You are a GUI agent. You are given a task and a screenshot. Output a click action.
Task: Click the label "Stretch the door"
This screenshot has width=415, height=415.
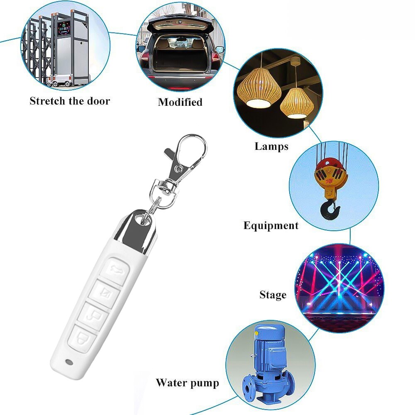click(x=70, y=101)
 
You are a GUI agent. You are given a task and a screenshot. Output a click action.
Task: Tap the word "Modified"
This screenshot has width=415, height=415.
click(x=180, y=102)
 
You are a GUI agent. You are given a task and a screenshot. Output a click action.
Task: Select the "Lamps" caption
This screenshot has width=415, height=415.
click(x=271, y=146)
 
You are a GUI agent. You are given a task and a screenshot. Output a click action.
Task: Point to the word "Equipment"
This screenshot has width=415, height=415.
click(x=271, y=225)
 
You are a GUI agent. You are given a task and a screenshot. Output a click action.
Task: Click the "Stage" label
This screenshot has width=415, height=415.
click(x=273, y=295)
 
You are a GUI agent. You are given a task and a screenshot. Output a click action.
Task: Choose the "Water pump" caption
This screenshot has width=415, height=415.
click(x=188, y=383)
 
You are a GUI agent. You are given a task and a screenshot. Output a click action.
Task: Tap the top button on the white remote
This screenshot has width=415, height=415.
click(x=117, y=271)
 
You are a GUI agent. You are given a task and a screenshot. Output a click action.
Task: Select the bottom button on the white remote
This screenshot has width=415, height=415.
click(x=82, y=338)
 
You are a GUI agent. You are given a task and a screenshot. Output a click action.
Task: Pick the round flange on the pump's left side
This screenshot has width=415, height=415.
click(x=249, y=388)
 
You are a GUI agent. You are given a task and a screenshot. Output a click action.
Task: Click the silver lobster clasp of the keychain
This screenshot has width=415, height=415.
click(x=185, y=159)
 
